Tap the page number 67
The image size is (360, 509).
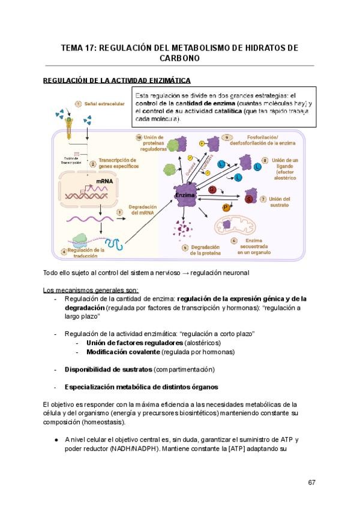click(x=311, y=483)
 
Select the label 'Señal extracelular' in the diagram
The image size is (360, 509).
click(x=104, y=104)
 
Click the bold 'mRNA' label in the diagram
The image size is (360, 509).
click(x=104, y=179)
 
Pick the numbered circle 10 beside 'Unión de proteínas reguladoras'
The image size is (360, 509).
click(x=139, y=137)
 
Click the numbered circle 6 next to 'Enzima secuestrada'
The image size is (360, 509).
click(x=233, y=241)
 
